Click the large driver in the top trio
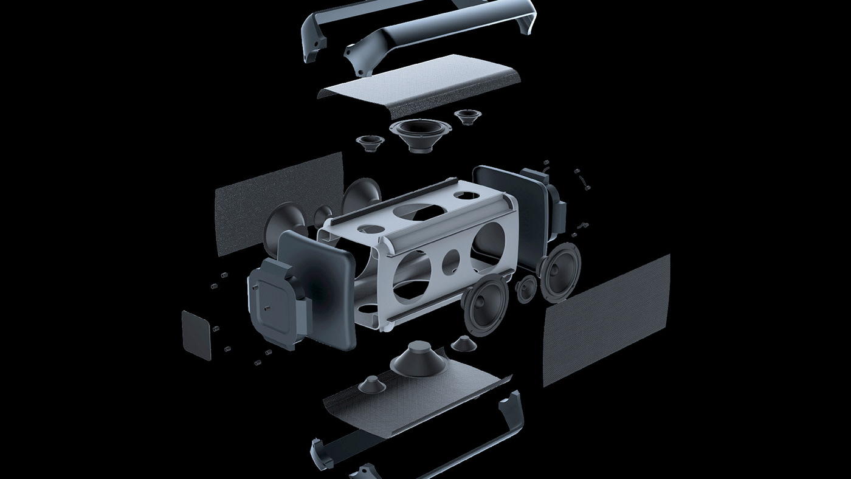(x=421, y=133)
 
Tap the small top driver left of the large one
(x=370, y=143)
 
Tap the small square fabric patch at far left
(x=196, y=335)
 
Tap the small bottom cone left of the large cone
(x=370, y=384)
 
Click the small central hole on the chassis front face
(x=450, y=260)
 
